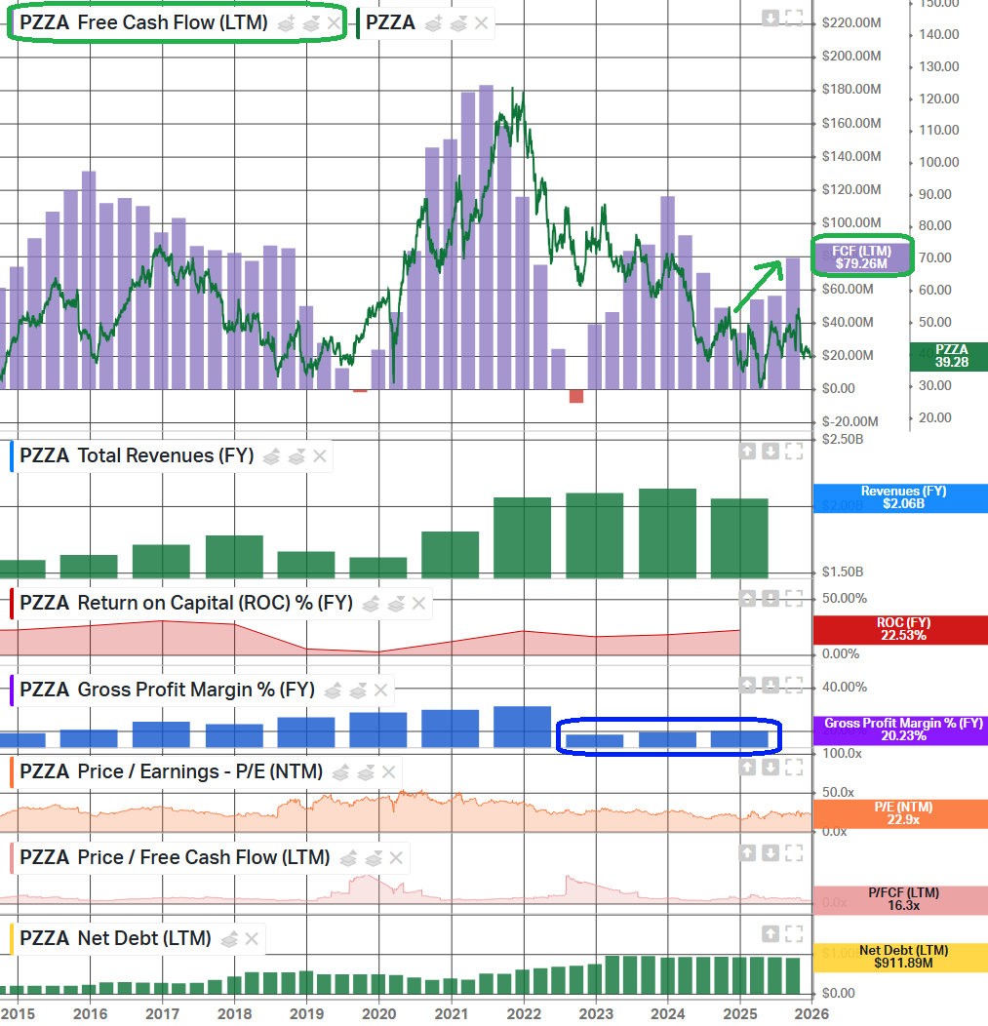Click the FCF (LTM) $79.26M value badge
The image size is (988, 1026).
click(861, 256)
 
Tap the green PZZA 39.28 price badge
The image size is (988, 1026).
click(950, 356)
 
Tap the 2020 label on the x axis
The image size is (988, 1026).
click(378, 1012)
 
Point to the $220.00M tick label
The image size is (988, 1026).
click(851, 22)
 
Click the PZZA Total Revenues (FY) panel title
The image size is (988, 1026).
click(137, 455)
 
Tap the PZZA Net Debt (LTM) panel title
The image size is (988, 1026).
click(115, 939)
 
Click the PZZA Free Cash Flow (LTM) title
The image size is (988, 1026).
click(143, 22)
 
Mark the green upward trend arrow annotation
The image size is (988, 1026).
click(759, 286)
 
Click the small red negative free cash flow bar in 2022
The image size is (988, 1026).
click(576, 395)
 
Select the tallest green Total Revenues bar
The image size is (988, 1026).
click(667, 533)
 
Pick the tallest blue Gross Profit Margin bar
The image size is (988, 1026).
click(523, 727)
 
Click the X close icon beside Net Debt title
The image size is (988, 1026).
click(251, 939)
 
